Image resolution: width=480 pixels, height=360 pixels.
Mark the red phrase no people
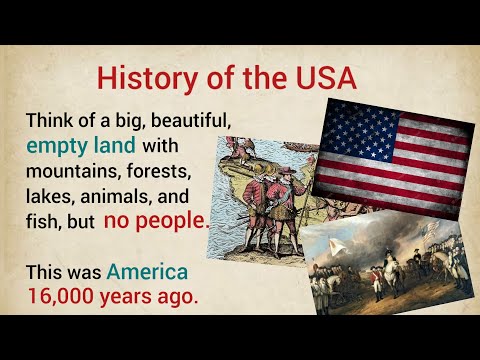coord(156,221)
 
